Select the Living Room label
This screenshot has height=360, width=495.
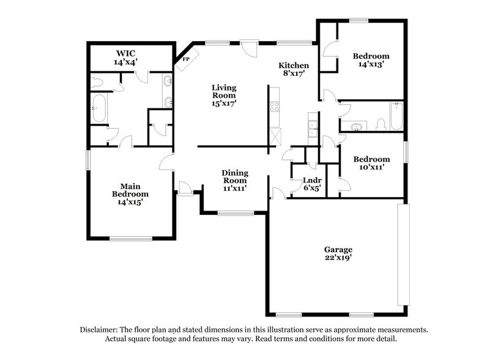[x=224, y=96]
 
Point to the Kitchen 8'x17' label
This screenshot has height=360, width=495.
[x=294, y=69]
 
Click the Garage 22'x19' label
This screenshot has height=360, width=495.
[x=338, y=253]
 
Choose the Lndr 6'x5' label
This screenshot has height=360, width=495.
[x=311, y=184]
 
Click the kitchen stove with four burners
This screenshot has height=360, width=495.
[x=275, y=108]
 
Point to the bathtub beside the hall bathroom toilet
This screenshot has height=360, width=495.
[x=396, y=116]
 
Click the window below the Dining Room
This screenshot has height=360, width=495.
[x=236, y=213]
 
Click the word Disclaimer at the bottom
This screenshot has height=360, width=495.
[x=101, y=329]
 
